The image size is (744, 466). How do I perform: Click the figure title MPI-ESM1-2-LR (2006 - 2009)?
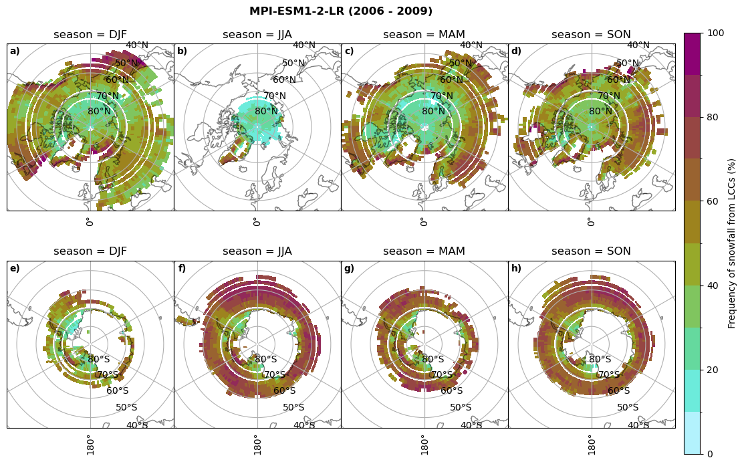(341, 11)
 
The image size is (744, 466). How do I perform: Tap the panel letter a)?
(15, 51)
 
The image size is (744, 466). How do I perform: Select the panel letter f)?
(182, 269)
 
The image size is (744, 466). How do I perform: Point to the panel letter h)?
(517, 269)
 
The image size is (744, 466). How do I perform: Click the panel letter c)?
(349, 51)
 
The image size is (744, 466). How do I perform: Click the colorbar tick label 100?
(715, 33)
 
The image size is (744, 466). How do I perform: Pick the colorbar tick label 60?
(713, 202)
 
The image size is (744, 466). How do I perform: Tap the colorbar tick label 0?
(710, 454)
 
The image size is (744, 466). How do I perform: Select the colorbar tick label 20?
(713, 370)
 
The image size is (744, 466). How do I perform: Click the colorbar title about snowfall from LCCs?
(732, 243)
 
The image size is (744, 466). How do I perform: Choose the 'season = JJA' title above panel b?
(257, 35)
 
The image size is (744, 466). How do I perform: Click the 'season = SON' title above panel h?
(591, 251)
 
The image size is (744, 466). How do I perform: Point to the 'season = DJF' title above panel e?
(90, 251)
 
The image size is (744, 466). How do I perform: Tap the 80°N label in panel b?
(266, 112)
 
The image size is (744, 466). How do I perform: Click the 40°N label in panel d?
(638, 45)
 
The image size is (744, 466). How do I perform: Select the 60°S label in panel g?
(452, 391)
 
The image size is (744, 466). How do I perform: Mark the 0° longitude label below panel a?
(90, 221)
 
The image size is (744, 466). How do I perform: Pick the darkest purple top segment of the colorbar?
(693, 53)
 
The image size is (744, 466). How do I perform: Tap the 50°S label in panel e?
(126, 407)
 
